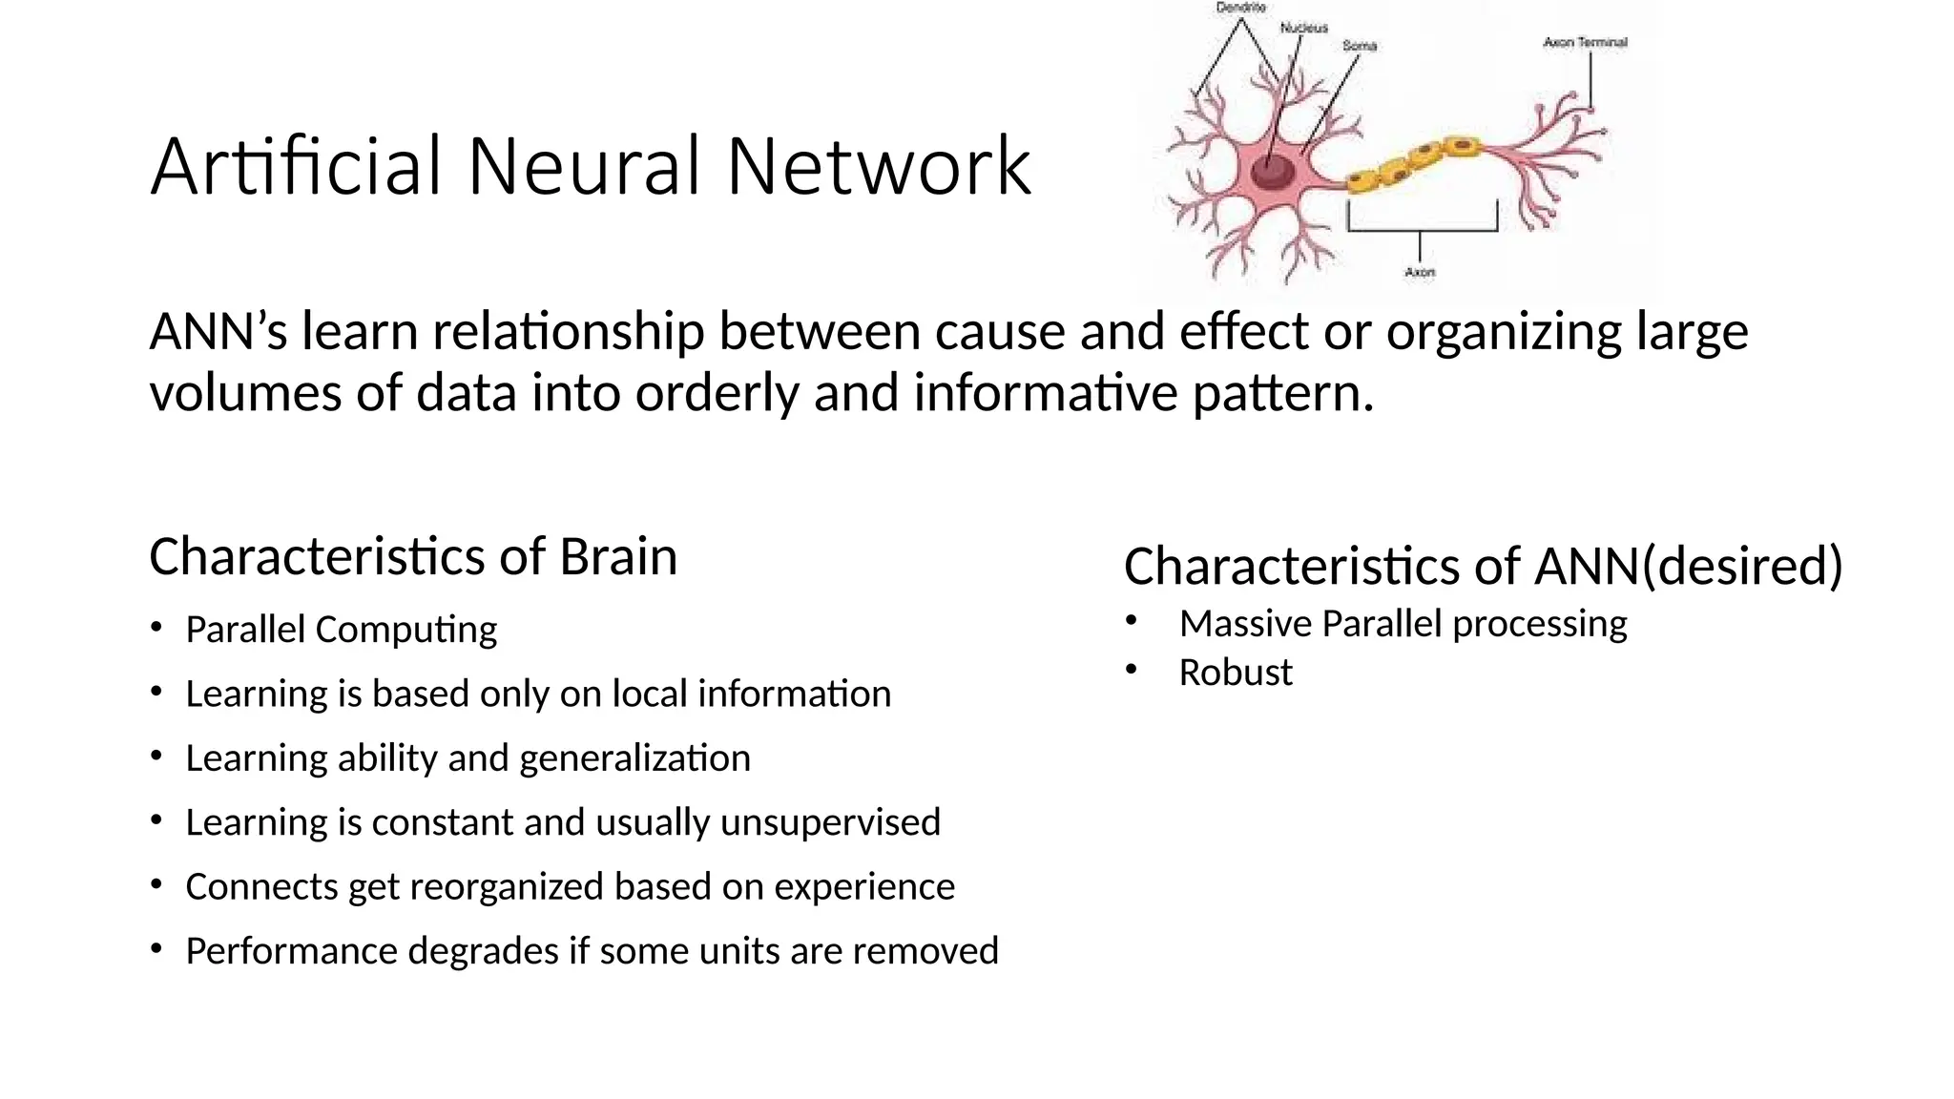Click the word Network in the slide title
pos(878,167)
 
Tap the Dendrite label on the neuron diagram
pos(1240,8)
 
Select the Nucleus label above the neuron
pos(1303,28)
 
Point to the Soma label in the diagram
pos(1360,46)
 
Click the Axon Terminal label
pos(1585,42)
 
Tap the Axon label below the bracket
pos(1420,273)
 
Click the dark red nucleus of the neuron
pos(1273,173)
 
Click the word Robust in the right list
pos(1235,673)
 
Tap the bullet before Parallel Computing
pos(156,627)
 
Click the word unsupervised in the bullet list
pos(830,822)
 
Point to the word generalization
pos(634,758)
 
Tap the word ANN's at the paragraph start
pos(218,332)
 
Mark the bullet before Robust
pos(1132,670)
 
